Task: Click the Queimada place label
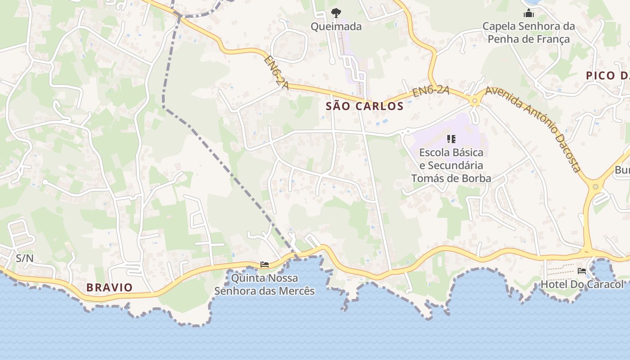(x=336, y=27)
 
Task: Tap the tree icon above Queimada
(x=336, y=13)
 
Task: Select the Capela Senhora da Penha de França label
(x=529, y=32)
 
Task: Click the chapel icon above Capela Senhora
(x=529, y=13)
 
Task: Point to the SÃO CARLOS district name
(x=364, y=106)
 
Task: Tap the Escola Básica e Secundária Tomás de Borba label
(x=451, y=165)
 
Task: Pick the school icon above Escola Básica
(x=451, y=139)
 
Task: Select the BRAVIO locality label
(x=109, y=288)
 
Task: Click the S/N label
(x=25, y=258)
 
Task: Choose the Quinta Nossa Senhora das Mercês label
(x=265, y=284)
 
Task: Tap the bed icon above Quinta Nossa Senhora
(x=265, y=265)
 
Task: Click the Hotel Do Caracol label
(x=582, y=284)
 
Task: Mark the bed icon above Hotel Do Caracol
(x=582, y=271)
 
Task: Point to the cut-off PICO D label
(x=607, y=76)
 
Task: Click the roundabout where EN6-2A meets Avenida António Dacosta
(x=474, y=101)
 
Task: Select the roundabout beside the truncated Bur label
(x=595, y=186)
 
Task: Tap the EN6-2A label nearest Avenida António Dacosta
(x=431, y=92)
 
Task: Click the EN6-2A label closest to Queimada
(x=276, y=72)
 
